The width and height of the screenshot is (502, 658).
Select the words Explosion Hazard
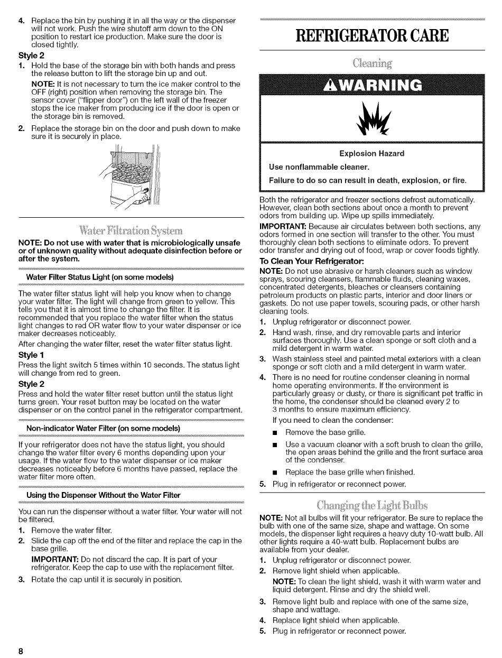click(371, 153)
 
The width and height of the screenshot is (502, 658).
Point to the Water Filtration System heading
click(131, 231)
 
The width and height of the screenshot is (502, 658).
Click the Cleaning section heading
click(372, 64)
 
